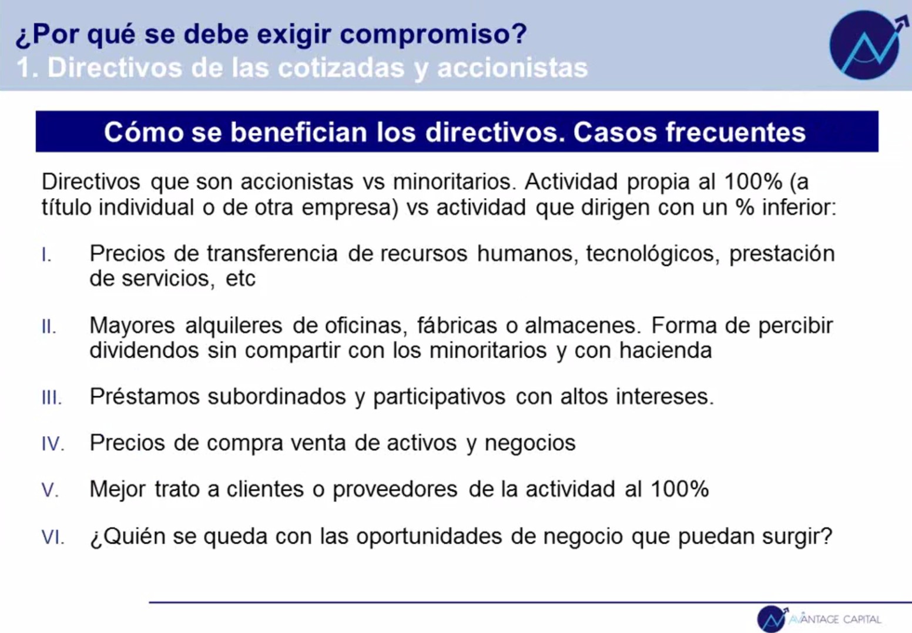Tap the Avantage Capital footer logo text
click(834, 619)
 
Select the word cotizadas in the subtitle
click(341, 68)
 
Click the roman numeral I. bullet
click(46, 255)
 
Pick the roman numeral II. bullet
click(49, 326)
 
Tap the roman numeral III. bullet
click(52, 397)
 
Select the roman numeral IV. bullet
click(53, 444)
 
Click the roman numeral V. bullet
click(50, 490)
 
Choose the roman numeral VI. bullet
click(53, 537)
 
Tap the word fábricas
click(457, 325)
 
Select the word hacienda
click(665, 350)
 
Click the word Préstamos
click(145, 396)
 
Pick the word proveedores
click(395, 489)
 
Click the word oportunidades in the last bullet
click(429, 536)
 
